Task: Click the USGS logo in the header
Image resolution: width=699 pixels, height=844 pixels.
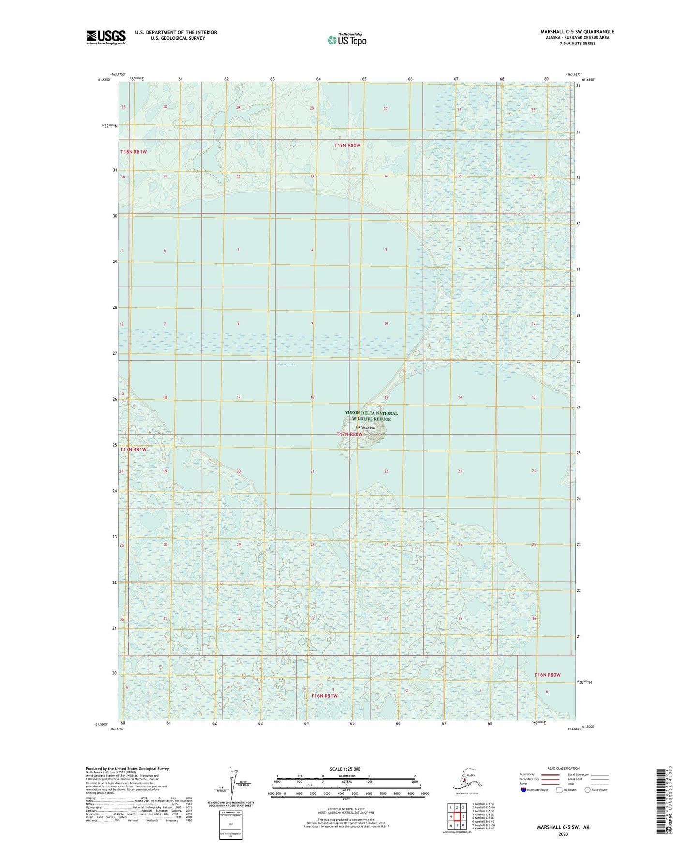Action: point(105,37)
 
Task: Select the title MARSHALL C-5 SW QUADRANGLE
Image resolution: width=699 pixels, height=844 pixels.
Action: point(577,32)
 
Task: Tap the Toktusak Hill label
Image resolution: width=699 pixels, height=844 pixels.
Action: point(365,427)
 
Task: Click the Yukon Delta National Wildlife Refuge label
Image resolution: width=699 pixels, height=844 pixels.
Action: point(371,416)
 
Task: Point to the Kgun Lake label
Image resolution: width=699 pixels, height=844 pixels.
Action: point(286,364)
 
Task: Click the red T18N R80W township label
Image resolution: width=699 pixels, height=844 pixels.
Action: point(348,145)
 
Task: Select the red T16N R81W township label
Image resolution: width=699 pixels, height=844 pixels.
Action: point(324,696)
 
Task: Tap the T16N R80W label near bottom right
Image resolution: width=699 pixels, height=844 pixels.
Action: point(547,675)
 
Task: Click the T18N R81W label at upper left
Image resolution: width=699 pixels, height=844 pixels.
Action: point(134,152)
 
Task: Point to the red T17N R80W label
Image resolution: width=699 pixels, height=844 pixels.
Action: point(349,434)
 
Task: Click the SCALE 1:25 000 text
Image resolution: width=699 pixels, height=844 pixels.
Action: point(345,769)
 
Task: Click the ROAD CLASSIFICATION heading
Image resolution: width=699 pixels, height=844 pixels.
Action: point(563,768)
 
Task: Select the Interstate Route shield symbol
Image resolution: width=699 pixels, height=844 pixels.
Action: point(523,790)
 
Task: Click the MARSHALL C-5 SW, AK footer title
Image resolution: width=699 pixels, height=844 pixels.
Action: point(563,827)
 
